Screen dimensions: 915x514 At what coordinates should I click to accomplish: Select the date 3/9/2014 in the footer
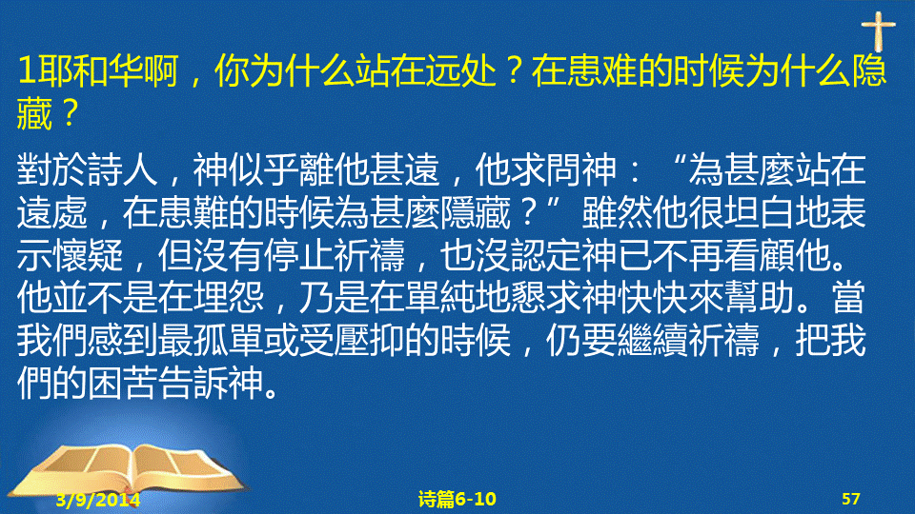tap(98, 500)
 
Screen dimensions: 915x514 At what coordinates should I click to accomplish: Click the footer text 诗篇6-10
tap(457, 499)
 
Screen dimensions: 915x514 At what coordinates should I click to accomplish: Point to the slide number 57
tap(851, 499)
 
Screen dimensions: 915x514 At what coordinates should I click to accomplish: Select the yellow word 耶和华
tap(88, 70)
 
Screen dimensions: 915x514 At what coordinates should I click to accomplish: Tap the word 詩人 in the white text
tap(123, 170)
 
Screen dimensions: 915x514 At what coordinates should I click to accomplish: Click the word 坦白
tap(760, 212)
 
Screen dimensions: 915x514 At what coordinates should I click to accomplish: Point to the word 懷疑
tap(88, 256)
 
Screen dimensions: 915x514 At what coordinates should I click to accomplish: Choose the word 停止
tap(298, 256)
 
